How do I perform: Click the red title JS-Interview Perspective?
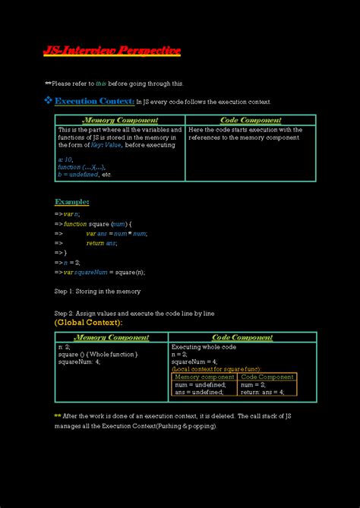(112, 51)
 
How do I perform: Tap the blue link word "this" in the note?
(101, 84)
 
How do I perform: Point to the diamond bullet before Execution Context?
(48, 101)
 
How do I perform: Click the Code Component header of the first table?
(251, 120)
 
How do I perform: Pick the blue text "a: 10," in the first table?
(65, 159)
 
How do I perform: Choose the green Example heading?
(72, 202)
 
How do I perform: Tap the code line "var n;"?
(71, 214)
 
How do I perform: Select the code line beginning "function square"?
(98, 224)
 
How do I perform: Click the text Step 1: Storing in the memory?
(97, 291)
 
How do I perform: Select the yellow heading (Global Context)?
(88, 323)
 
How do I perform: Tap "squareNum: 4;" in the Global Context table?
(79, 361)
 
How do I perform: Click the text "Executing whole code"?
(204, 346)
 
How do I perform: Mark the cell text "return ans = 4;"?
(262, 392)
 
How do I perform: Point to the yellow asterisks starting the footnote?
(58, 415)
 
